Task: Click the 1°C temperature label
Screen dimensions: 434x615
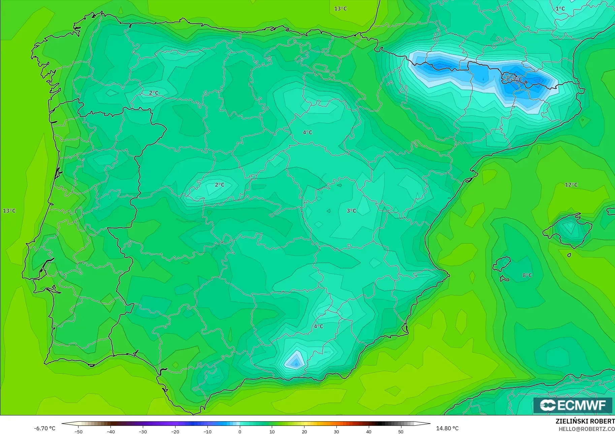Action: (x=560, y=8)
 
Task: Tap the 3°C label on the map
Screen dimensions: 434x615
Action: (x=351, y=211)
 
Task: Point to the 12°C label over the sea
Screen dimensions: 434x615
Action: (x=571, y=185)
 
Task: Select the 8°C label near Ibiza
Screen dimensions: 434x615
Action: (x=527, y=276)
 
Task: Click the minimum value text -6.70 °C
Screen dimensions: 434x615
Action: (x=44, y=428)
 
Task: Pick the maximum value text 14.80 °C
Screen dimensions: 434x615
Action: (x=447, y=428)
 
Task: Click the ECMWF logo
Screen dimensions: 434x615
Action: (x=573, y=405)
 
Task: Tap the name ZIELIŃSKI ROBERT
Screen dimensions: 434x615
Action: (x=585, y=422)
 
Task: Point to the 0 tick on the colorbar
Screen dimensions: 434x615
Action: (x=240, y=432)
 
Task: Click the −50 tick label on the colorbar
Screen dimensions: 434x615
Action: (x=78, y=432)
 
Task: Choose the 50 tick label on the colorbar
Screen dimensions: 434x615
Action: (x=401, y=432)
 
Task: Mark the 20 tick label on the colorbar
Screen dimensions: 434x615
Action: (x=304, y=432)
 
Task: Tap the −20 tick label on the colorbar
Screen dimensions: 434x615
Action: (x=175, y=432)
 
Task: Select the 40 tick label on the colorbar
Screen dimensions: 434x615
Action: (x=369, y=432)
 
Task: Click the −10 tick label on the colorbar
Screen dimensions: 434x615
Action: (x=207, y=432)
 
